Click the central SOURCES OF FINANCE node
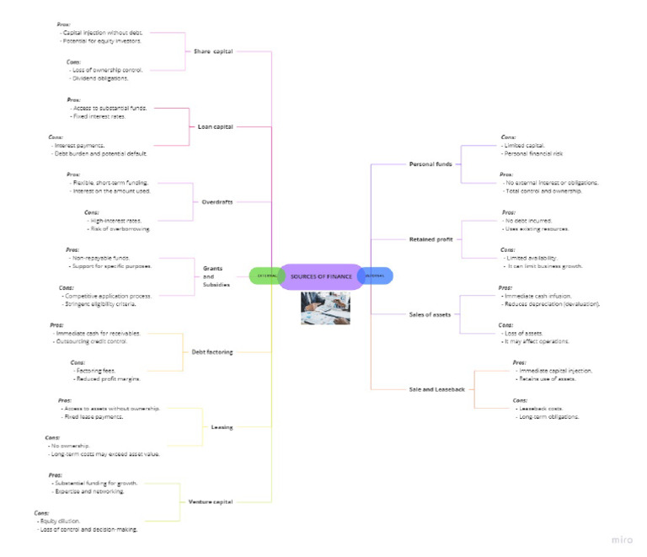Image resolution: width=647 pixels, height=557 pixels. [x=320, y=276]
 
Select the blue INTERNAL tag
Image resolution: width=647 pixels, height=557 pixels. [x=376, y=276]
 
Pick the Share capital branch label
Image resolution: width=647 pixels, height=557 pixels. [x=212, y=51]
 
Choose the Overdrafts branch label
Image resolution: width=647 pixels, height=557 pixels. [x=217, y=202]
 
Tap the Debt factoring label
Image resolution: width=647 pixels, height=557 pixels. [x=211, y=351]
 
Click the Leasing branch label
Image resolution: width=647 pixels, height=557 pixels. [x=222, y=427]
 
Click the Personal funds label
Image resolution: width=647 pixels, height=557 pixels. [x=430, y=163]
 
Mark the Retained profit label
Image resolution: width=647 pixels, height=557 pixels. [x=431, y=239]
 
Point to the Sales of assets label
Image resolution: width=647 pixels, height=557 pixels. [x=430, y=314]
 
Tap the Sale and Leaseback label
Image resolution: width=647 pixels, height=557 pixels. [x=436, y=389]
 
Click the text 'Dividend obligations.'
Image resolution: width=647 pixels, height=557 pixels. [x=100, y=78]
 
